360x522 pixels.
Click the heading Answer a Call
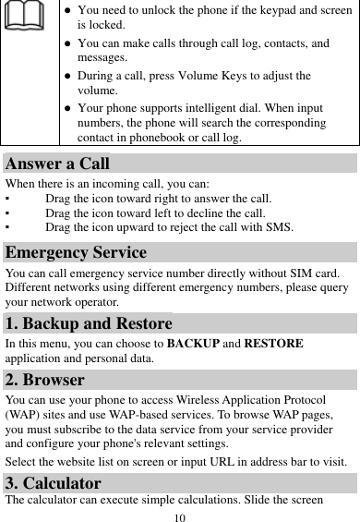click(57, 164)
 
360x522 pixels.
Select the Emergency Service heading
click(75, 252)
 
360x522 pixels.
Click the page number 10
click(180, 515)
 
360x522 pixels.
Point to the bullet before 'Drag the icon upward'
click(7, 226)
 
